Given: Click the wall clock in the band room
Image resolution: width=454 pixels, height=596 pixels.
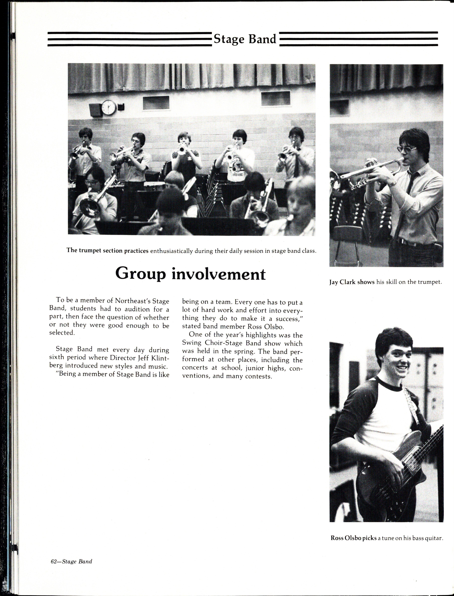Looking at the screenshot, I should [109, 107].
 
